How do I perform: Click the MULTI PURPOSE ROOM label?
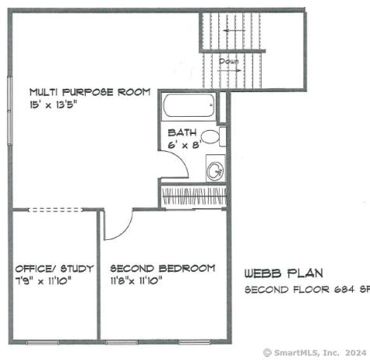click(90, 91)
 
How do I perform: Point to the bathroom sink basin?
click(215, 171)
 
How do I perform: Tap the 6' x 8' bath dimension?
click(184, 144)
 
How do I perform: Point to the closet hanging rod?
click(192, 196)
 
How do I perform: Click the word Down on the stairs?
click(228, 61)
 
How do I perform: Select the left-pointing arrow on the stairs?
click(233, 31)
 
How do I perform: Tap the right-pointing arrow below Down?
click(231, 70)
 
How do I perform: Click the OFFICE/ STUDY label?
click(55, 268)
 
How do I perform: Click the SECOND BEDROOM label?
click(162, 268)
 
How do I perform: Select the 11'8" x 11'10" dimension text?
click(136, 280)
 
